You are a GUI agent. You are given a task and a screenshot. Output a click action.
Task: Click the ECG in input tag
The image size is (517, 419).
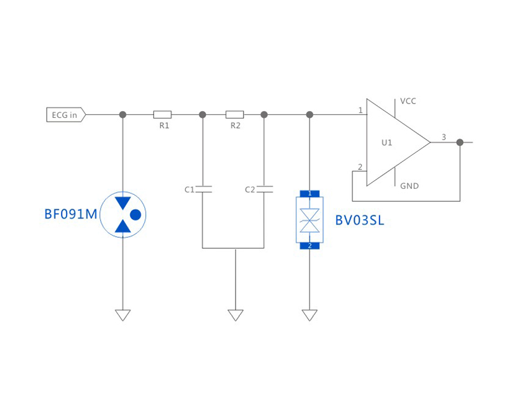point(65,115)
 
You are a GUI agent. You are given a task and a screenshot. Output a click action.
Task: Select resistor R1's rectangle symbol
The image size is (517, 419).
point(162,115)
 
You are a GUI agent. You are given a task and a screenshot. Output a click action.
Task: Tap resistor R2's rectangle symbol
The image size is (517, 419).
point(234,115)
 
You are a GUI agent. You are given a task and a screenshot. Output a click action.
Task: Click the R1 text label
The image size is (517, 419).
point(164,126)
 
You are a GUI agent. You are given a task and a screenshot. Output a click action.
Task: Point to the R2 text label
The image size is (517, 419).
point(235,126)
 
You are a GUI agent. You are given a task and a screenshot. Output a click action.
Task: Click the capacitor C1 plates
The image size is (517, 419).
point(203,189)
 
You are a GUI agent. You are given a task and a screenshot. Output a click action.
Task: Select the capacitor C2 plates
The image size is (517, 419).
point(264,189)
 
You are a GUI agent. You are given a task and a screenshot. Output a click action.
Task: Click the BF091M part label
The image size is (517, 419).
point(70,215)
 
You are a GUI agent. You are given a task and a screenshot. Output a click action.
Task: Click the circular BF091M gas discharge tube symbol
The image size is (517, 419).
point(123,214)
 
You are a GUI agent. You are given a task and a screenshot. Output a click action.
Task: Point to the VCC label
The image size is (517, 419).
point(408,101)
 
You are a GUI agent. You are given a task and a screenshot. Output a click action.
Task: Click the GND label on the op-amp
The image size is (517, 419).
point(409,186)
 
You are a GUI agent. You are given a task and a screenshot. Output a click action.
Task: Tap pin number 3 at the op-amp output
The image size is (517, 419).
point(444,137)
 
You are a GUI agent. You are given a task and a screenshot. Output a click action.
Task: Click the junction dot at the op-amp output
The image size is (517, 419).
point(460,142)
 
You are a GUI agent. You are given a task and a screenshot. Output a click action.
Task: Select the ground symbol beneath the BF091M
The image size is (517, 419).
point(123,315)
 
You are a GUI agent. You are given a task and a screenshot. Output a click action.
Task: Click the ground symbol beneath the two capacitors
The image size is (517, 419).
point(236,315)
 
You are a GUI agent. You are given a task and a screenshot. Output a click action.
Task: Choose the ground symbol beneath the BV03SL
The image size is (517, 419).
point(309,315)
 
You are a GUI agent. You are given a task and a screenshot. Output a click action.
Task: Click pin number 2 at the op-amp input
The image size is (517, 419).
point(360,167)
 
